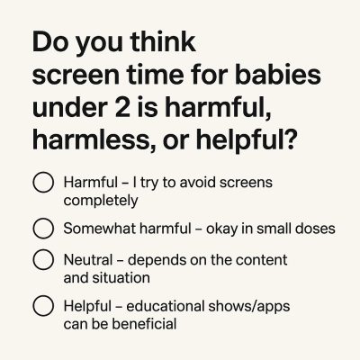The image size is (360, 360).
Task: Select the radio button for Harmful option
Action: pos(43,184)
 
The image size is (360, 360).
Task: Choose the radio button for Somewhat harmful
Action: pos(43,229)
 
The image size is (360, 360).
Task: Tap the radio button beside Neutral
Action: pos(43,260)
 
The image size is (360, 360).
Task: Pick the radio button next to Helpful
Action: pos(43,306)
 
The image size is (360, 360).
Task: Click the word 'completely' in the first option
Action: pos(101,200)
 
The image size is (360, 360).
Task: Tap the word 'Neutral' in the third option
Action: pos(89,260)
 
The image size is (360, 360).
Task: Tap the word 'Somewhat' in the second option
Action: pos(99,229)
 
